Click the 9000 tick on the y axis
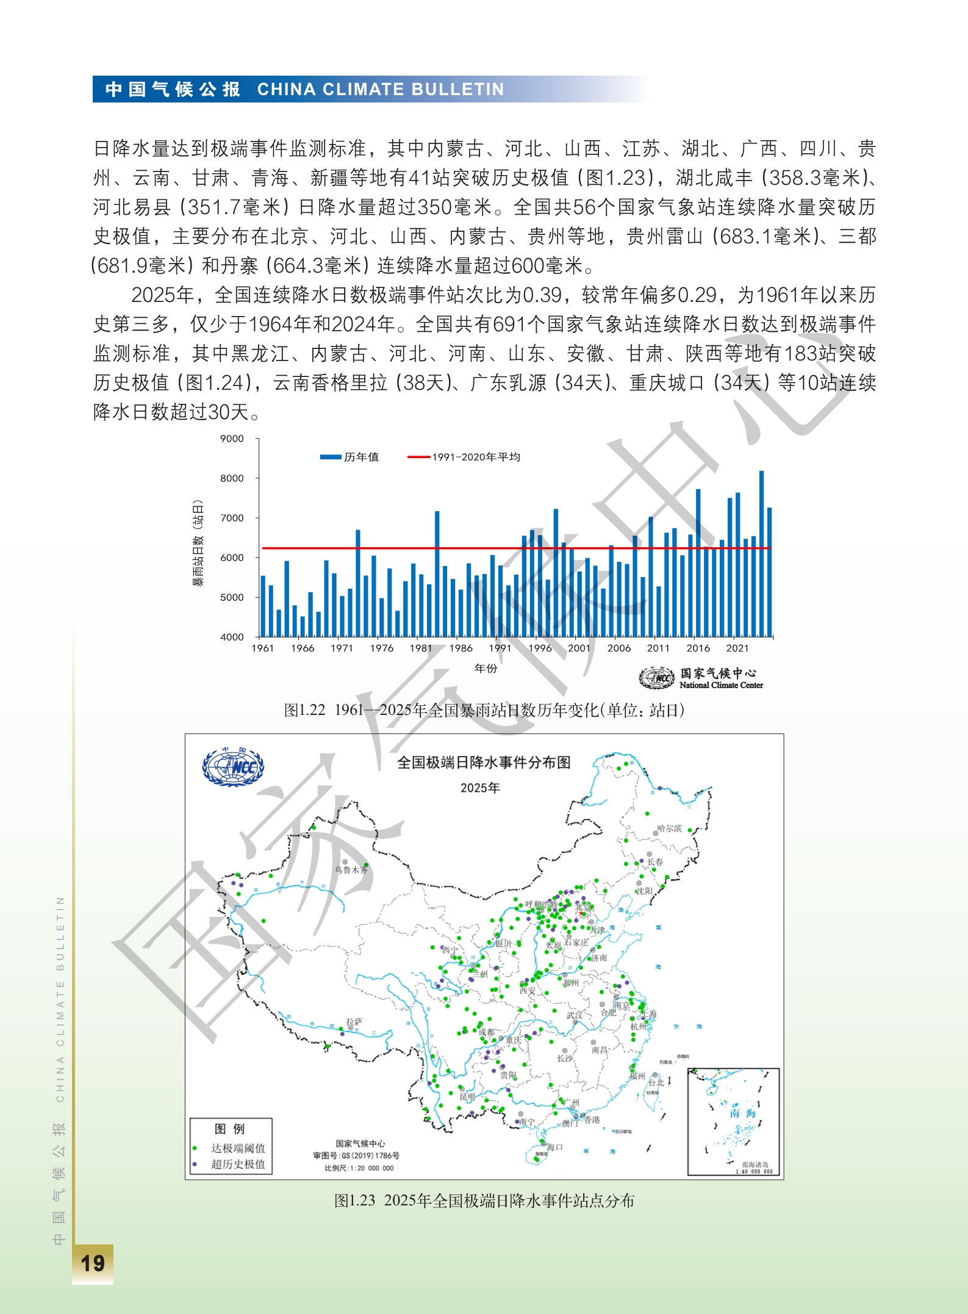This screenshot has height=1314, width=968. [232, 439]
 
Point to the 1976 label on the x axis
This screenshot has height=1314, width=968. [381, 648]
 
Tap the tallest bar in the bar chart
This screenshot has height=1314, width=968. [761, 553]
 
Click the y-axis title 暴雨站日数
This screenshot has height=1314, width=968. [198, 543]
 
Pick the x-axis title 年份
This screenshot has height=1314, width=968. [486, 669]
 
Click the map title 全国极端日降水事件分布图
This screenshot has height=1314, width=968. [484, 763]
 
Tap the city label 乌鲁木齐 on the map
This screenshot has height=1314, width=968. [351, 869]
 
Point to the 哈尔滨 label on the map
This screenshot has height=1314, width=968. [669, 828]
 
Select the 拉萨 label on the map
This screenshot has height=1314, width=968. [354, 1021]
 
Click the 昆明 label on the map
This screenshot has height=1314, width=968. [467, 1097]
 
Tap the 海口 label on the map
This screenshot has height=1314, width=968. [554, 1147]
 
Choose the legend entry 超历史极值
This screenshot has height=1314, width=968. [238, 1164]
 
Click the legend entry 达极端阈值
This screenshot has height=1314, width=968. [238, 1148]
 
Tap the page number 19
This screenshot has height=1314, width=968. [93, 1263]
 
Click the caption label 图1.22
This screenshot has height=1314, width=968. [304, 711]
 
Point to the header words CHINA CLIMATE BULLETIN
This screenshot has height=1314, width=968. [381, 90]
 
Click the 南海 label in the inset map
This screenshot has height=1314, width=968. [743, 1113]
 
